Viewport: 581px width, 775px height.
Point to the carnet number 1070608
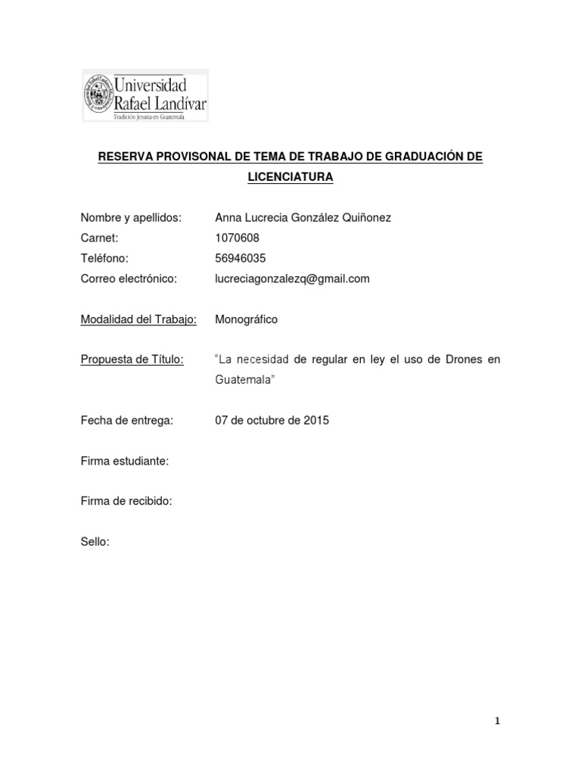(x=238, y=238)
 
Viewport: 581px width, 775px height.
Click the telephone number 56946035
(x=241, y=258)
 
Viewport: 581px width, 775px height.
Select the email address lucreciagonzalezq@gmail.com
(x=293, y=279)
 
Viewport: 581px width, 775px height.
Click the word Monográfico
(x=247, y=319)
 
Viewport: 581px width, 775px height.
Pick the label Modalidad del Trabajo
(x=138, y=319)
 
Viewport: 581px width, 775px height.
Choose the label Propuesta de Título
(x=132, y=359)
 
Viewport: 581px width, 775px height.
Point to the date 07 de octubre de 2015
(x=272, y=420)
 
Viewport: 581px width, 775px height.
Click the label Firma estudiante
(x=125, y=461)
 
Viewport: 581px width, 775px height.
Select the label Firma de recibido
(x=127, y=501)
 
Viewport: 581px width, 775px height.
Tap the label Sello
(x=95, y=541)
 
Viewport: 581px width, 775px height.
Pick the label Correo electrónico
(x=129, y=279)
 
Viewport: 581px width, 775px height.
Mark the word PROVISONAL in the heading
(x=191, y=157)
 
